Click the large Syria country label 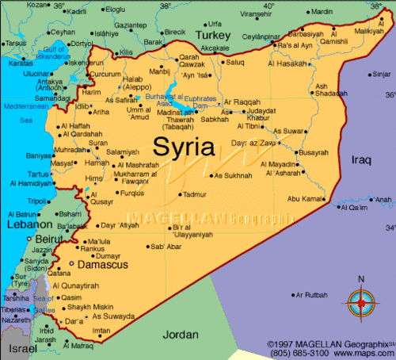(185, 146)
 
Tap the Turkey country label (213, 36)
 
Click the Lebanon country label (24, 225)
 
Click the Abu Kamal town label (306, 198)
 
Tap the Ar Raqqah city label (242, 101)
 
